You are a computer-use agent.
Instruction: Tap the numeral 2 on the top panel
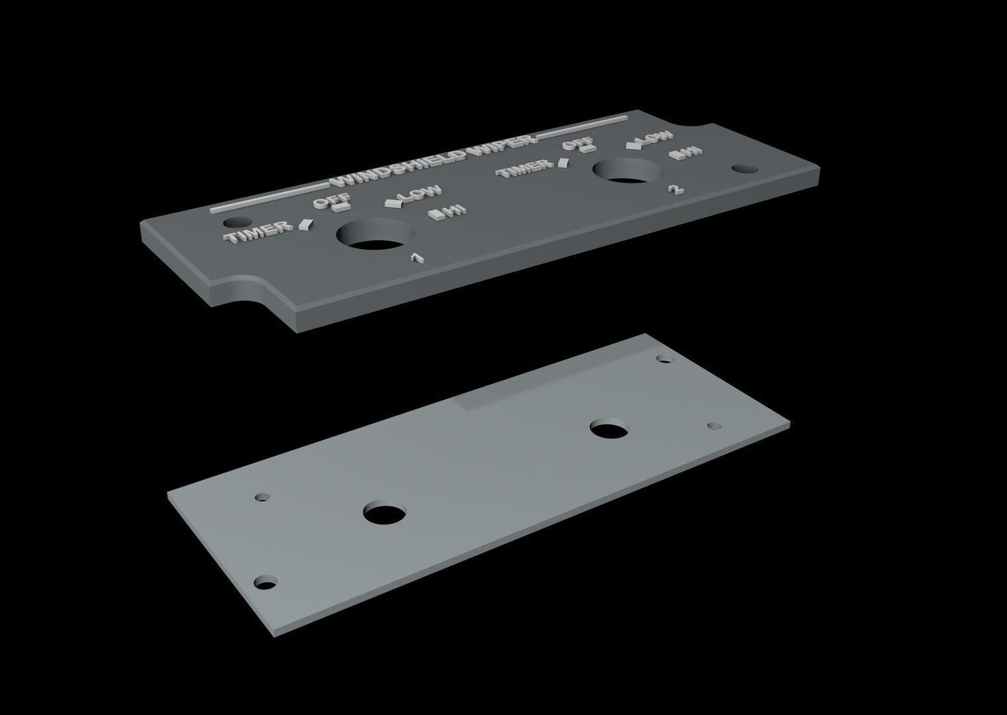click(675, 190)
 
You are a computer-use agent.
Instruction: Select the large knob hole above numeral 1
click(375, 235)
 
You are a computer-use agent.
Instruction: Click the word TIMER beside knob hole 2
click(527, 170)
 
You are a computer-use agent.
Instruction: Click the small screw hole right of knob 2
click(745, 168)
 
